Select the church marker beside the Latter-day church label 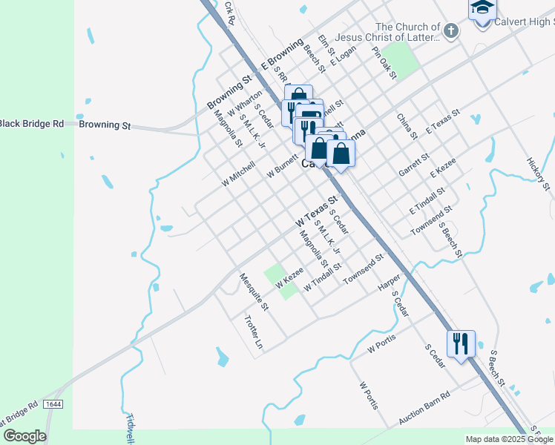[x=451, y=30]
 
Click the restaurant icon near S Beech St [x=461, y=343]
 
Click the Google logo [x=24, y=436]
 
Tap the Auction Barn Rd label [x=424, y=409]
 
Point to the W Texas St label [x=317, y=211]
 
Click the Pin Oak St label [x=384, y=63]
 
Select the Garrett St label [x=414, y=165]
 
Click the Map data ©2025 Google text [x=509, y=439]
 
